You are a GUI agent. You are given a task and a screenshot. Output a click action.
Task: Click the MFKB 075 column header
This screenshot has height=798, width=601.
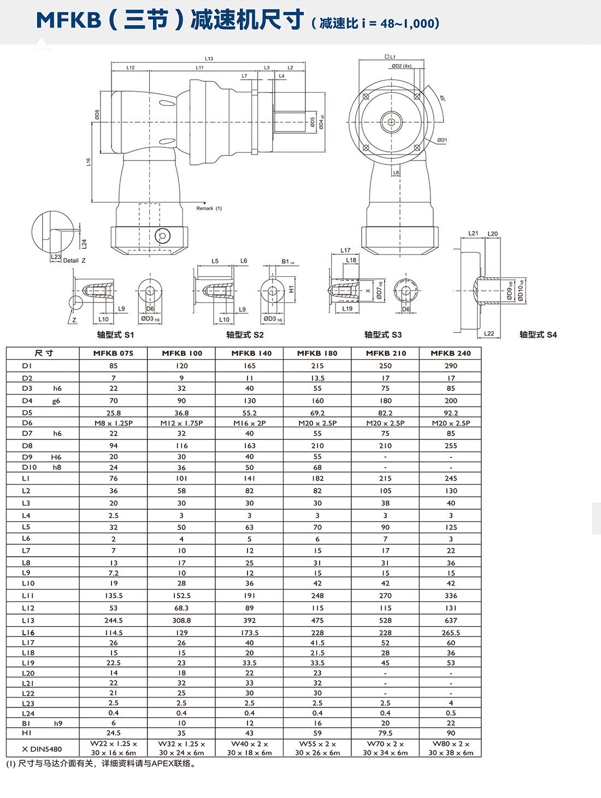[113, 353]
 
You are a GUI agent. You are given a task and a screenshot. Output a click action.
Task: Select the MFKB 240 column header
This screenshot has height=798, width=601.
[451, 353]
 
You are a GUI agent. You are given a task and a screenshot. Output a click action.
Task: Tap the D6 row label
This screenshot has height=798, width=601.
[27, 423]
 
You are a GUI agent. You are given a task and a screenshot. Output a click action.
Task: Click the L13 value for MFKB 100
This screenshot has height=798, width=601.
[181, 621]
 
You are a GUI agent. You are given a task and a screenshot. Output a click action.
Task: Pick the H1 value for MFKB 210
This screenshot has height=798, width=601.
[385, 733]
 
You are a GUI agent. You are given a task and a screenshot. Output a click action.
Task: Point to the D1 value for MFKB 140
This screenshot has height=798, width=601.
[250, 366]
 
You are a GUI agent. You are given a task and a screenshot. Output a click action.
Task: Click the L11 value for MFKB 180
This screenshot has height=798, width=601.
[317, 595]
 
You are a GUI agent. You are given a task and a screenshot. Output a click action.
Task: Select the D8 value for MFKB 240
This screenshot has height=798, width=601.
[451, 446]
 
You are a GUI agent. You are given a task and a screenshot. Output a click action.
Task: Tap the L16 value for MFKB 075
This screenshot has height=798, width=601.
[114, 633]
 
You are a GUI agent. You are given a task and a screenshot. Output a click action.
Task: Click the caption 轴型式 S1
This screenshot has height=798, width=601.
[115, 335]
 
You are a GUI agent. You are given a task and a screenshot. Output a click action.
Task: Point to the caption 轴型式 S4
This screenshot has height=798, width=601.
[538, 335]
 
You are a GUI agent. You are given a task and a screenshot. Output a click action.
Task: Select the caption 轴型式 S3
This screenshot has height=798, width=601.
[383, 335]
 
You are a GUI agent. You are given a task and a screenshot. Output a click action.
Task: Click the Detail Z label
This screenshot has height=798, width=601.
[74, 261]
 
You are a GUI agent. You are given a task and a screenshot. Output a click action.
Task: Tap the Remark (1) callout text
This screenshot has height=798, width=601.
[209, 209]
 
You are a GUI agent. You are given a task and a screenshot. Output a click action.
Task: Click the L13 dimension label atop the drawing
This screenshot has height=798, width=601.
[209, 58]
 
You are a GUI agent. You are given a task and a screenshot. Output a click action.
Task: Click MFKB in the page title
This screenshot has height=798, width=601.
[69, 21]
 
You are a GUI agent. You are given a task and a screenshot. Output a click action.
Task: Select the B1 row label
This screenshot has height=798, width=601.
[27, 723]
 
